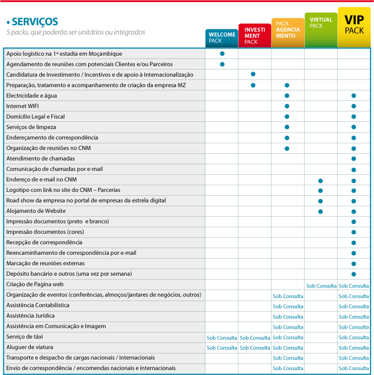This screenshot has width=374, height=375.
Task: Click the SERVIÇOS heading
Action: [x=34, y=22]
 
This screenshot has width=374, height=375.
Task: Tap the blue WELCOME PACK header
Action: [x=222, y=37]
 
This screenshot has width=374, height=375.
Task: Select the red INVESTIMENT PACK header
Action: [x=254, y=35]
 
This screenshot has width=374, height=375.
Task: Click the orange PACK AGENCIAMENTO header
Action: [x=288, y=31]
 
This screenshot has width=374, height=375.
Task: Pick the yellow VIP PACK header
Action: [x=354, y=24]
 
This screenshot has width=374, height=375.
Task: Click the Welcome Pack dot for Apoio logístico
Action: [x=222, y=54]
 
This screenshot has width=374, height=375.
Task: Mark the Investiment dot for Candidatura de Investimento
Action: [x=253, y=74]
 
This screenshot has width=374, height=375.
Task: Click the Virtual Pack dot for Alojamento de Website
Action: [x=321, y=211]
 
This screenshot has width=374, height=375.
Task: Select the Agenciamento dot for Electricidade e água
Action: [x=287, y=95]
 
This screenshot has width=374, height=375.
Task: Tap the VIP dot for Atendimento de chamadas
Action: [x=354, y=159]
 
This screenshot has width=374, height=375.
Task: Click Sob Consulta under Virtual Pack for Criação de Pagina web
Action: [x=321, y=286]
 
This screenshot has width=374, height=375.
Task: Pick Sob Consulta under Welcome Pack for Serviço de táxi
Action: [x=222, y=337]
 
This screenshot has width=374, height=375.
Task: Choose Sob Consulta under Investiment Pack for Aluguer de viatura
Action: [x=255, y=348]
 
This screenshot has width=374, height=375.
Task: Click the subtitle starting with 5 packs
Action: [x=75, y=32]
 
